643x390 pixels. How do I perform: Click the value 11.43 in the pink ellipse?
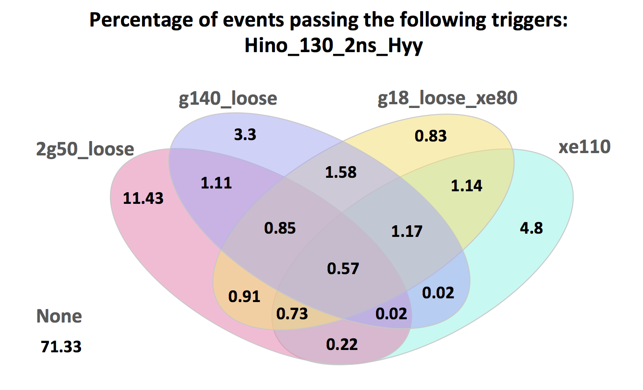tap(144, 198)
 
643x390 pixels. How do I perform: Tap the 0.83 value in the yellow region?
tap(431, 136)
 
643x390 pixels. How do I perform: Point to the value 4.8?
tap(531, 229)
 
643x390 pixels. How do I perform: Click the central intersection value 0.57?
tap(343, 268)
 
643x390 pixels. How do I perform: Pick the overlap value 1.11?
tap(216, 182)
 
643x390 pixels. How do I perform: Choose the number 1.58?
tap(341, 172)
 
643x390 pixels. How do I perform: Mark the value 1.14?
tap(467, 186)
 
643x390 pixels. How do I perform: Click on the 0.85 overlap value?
tap(280, 229)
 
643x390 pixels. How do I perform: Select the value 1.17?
tap(407, 230)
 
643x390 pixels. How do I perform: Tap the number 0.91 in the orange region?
tap(245, 296)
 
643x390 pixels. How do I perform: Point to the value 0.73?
tap(292, 314)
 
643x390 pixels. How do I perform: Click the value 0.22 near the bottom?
tap(342, 344)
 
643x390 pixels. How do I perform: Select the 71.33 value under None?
tap(61, 347)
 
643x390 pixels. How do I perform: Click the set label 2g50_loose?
tap(85, 149)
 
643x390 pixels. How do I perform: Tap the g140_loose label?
tap(228, 99)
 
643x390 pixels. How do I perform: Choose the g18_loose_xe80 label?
tap(447, 99)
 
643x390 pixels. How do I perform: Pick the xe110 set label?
tap(584, 147)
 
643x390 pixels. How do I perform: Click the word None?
tap(59, 316)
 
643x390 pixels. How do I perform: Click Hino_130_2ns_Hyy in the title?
tap(334, 47)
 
